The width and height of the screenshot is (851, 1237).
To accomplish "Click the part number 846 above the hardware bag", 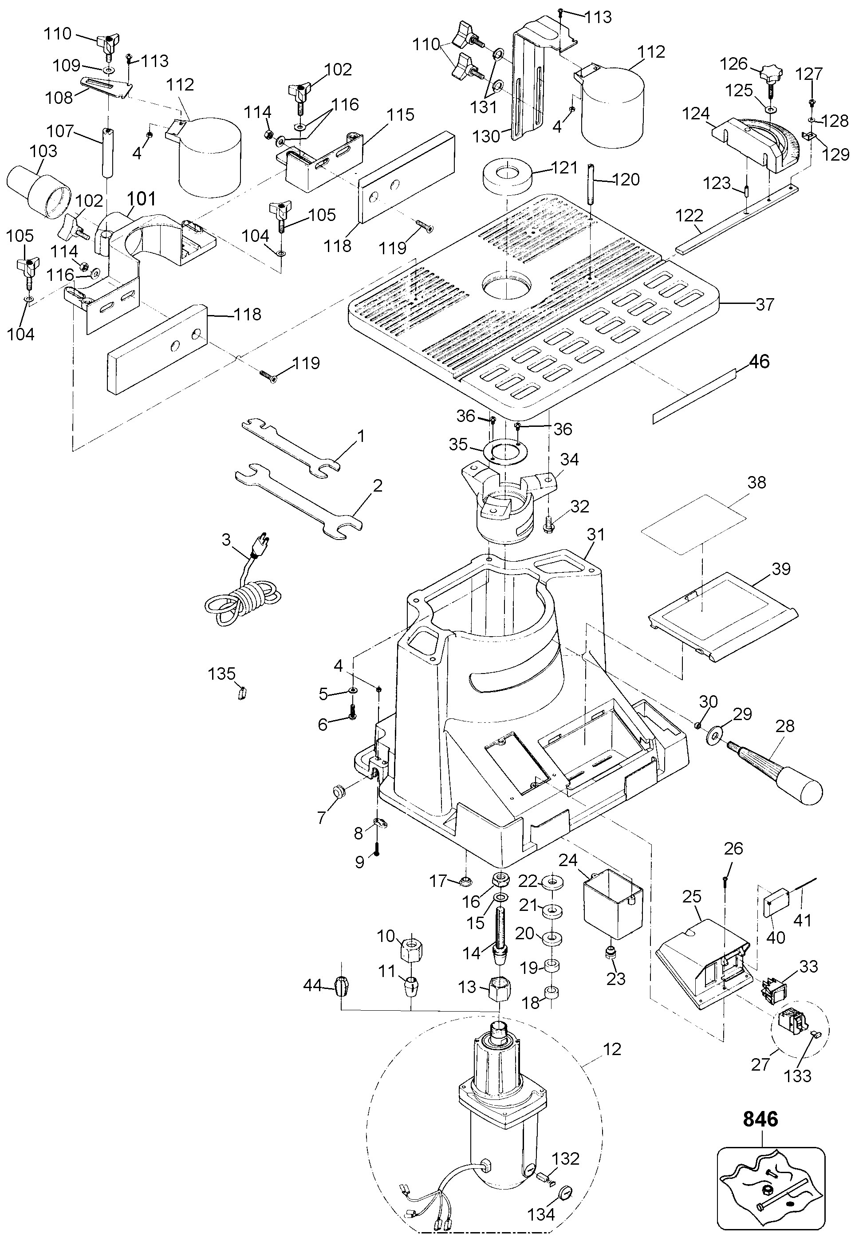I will [x=760, y=1119].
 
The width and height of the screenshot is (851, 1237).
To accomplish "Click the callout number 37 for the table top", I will [x=764, y=304].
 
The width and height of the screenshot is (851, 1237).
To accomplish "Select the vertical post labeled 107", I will [x=106, y=154].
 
